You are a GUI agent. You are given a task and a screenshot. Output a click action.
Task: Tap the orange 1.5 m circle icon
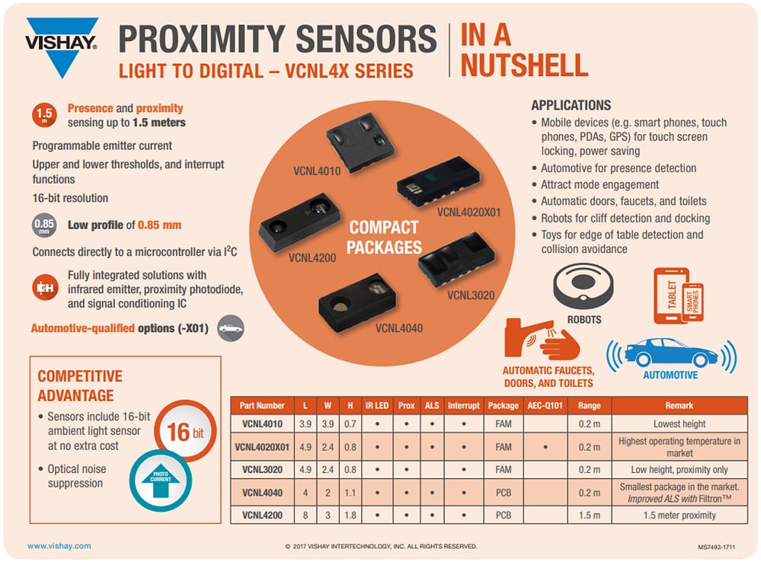tap(44, 116)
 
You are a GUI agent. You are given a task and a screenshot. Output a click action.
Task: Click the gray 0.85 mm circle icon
tap(43, 226)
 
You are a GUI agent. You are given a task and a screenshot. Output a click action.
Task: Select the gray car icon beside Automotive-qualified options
tap(231, 328)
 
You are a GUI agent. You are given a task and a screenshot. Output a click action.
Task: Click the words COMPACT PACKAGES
tap(384, 238)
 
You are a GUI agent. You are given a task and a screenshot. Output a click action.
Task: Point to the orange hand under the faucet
tap(561, 349)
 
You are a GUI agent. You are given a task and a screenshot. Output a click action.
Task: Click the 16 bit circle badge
tap(181, 433)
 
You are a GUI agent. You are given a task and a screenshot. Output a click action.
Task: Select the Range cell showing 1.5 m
tap(589, 515)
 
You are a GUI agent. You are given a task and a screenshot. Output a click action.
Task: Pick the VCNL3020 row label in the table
tap(262, 470)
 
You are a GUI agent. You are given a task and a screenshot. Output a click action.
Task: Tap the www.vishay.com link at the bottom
tap(59, 546)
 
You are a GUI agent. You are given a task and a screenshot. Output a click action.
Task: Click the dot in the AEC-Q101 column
tap(545, 447)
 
